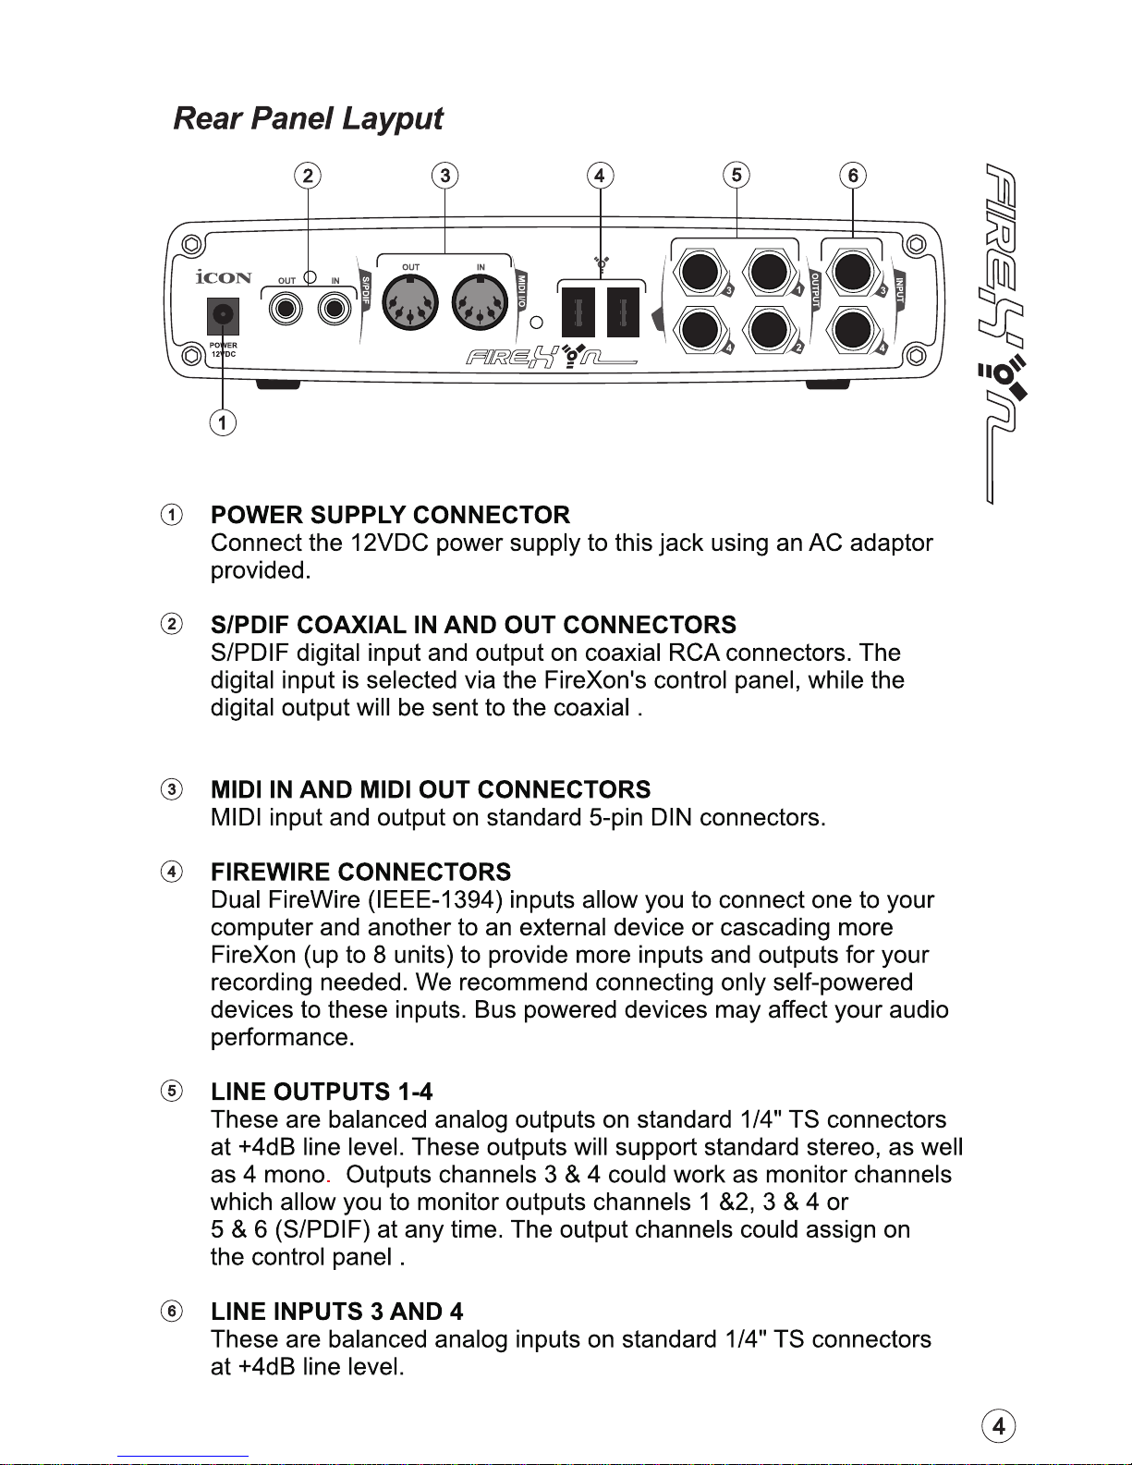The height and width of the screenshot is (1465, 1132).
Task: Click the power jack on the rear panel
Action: coord(223,316)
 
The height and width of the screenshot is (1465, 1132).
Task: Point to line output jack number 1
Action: coord(769,271)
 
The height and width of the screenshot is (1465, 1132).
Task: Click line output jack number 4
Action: coord(700,329)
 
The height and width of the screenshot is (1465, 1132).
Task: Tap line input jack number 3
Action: coord(852,271)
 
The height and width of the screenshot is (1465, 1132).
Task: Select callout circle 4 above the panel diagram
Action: coord(600,176)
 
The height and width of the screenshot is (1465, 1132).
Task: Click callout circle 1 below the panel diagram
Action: coord(222,423)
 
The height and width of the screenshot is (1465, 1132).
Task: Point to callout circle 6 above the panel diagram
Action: coord(853,176)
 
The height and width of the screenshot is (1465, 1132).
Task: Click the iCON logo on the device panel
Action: coord(224,277)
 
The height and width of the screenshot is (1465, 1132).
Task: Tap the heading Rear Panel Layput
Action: coord(308,118)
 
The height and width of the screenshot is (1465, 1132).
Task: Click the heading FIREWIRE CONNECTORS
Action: coord(360,872)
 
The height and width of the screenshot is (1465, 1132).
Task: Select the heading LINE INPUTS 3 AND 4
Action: coord(336,1312)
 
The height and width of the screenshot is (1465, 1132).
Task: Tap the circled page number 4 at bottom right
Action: coord(998,1426)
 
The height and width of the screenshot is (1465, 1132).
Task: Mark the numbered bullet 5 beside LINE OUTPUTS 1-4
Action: coord(172,1091)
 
